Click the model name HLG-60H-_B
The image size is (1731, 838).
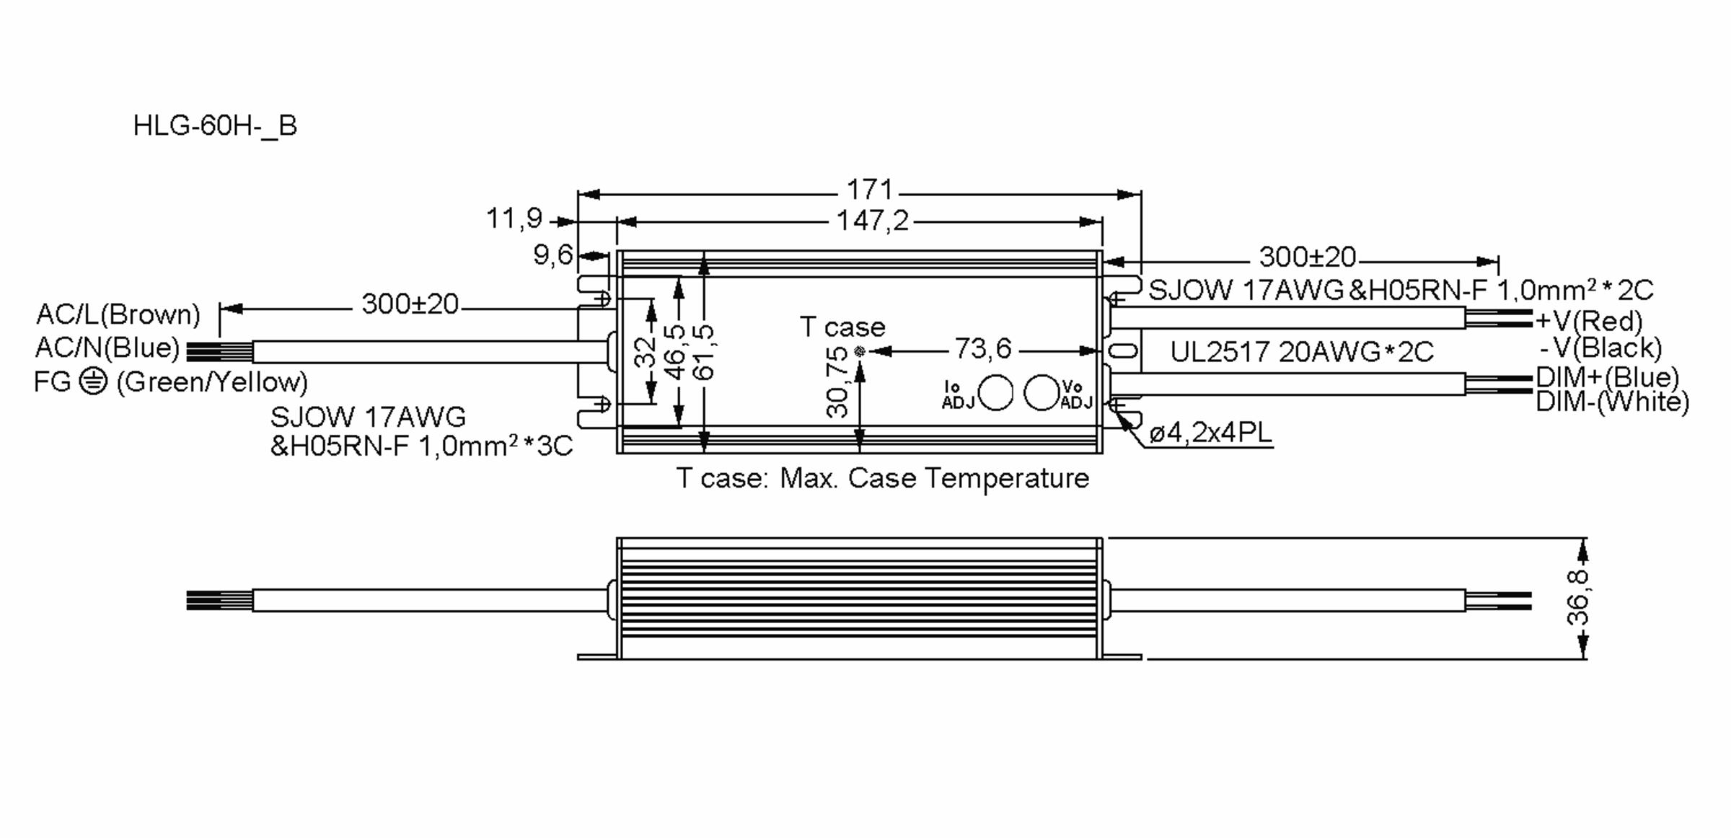coord(215,125)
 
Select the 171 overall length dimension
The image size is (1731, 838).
coord(869,190)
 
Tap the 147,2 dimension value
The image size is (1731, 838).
coord(872,220)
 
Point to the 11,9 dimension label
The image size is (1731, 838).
coord(514,218)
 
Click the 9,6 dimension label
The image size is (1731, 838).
coord(552,255)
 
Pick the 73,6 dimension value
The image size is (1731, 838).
coord(983,349)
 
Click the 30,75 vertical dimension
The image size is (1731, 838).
coord(837,381)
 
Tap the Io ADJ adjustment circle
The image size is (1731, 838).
coord(996,393)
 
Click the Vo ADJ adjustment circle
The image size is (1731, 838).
coord(1041,393)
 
